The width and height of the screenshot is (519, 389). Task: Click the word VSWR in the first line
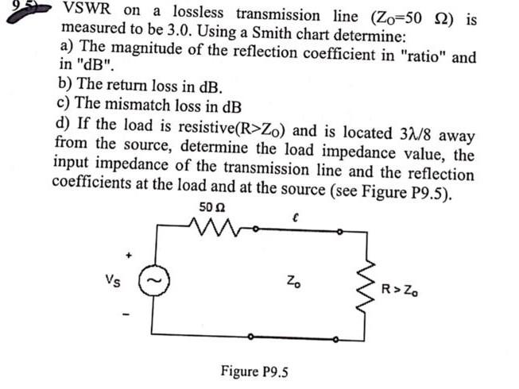click(x=88, y=11)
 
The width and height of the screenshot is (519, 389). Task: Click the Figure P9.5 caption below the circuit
click(x=253, y=371)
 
